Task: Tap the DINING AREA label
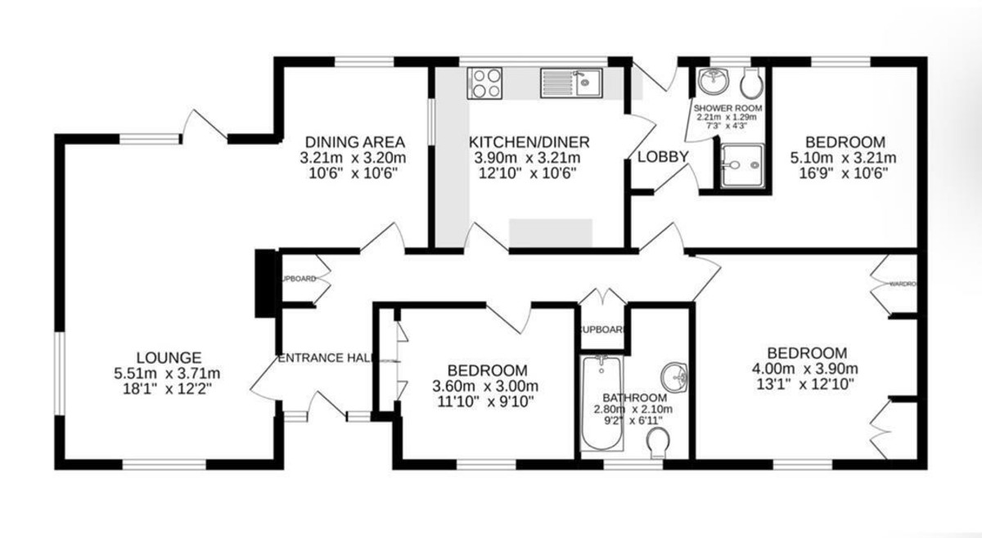[354, 140]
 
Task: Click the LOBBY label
[663, 157]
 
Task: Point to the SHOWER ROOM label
[727, 108]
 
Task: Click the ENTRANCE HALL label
[327, 358]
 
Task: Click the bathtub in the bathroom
[601, 403]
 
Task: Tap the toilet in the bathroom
[658, 445]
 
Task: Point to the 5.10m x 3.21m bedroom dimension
[843, 158]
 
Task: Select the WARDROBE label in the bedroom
[901, 285]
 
